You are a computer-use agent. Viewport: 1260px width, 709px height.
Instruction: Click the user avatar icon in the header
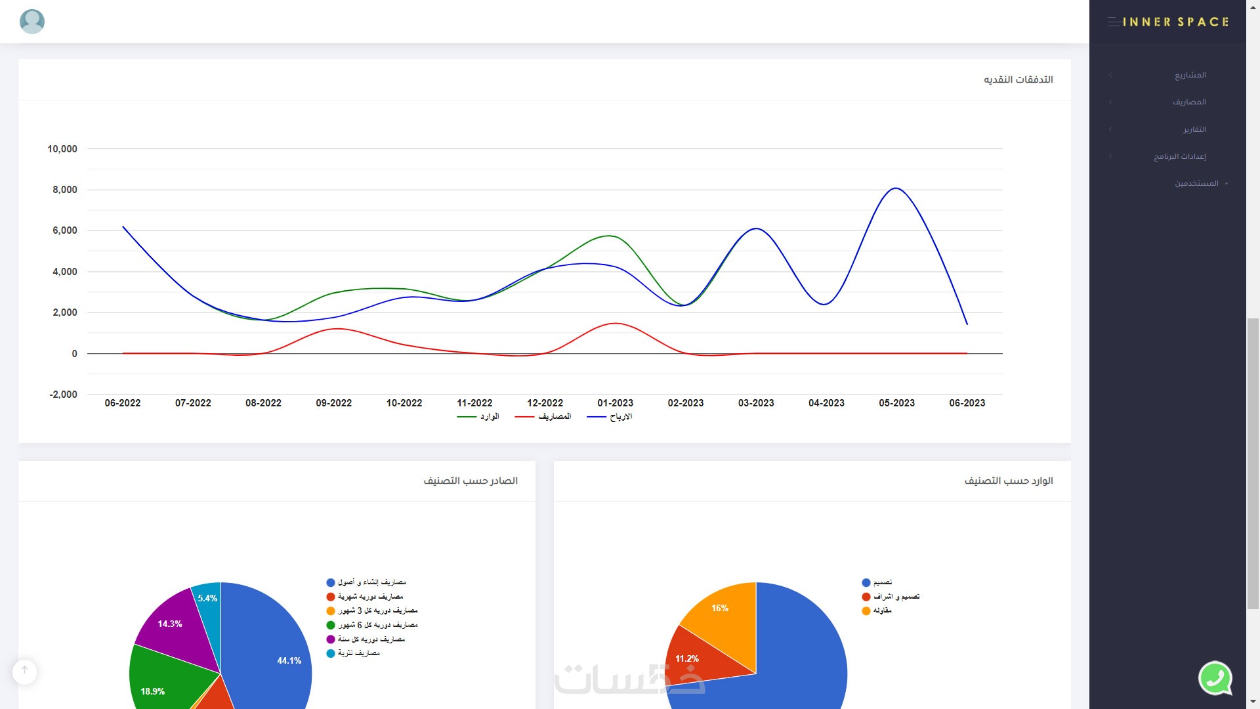[x=32, y=22]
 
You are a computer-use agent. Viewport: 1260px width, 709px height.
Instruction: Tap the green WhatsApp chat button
[x=1215, y=677]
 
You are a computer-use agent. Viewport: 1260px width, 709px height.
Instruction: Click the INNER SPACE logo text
[x=1175, y=22]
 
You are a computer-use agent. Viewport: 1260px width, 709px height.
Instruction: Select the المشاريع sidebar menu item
[x=1190, y=75]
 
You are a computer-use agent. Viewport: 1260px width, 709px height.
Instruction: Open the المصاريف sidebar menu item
[x=1189, y=102]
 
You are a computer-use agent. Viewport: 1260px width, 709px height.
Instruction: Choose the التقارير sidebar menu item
[x=1194, y=129]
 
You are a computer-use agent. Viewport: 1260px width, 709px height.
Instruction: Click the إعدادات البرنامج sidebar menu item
[x=1179, y=156]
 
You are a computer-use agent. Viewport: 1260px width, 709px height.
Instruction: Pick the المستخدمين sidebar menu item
[x=1196, y=183]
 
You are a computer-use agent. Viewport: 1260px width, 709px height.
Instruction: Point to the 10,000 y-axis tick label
[x=62, y=149]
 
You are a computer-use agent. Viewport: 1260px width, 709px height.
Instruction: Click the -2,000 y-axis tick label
[x=63, y=395]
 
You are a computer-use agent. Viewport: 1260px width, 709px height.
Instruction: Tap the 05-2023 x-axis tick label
[x=896, y=403]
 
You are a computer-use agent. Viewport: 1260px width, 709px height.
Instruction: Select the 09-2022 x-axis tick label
[x=333, y=403]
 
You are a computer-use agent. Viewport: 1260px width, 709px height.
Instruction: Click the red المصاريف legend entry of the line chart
[x=543, y=417]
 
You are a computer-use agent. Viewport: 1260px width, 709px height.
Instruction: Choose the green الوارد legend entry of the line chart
[x=478, y=417]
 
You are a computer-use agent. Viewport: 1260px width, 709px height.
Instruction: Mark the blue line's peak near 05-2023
[x=896, y=188]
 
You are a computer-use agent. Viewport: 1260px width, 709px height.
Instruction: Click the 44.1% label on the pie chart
[x=289, y=660]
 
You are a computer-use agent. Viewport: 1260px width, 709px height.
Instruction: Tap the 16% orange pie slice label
[x=720, y=608]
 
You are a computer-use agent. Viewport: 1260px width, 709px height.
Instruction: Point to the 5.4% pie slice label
[x=207, y=598]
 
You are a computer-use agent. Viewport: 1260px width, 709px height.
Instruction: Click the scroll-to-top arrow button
[x=24, y=671]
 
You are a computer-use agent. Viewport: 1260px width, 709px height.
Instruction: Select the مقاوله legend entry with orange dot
[x=877, y=611]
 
